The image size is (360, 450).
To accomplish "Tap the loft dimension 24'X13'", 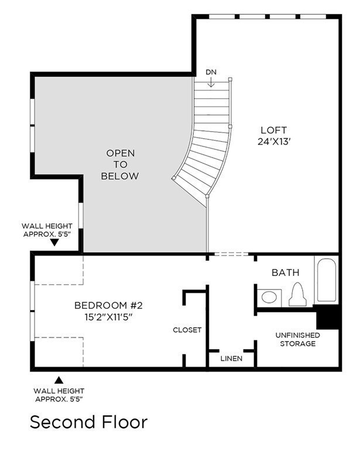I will pyautogui.click(x=274, y=141).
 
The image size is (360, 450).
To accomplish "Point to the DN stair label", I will pyautogui.click(x=211, y=72).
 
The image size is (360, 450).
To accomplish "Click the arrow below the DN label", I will pyautogui.click(x=211, y=83).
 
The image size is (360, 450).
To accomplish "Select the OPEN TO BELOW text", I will pyautogui.click(x=120, y=164).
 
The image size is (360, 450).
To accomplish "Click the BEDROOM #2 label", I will pyautogui.click(x=108, y=305).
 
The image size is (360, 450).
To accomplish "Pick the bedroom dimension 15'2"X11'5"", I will pyautogui.click(x=108, y=317).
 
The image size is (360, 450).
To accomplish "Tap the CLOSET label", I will pyautogui.click(x=187, y=330).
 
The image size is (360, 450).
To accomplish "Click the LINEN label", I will pyautogui.click(x=232, y=358).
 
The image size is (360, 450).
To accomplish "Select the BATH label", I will pyautogui.click(x=285, y=272).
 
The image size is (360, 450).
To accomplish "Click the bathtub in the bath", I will pyautogui.click(x=325, y=280).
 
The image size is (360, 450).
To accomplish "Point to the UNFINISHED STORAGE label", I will pyautogui.click(x=297, y=339).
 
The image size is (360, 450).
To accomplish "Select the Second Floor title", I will pyautogui.click(x=88, y=422).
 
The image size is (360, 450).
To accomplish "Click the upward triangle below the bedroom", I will pyautogui.click(x=59, y=380).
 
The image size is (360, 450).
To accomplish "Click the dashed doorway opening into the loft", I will pyautogui.click(x=231, y=254).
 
